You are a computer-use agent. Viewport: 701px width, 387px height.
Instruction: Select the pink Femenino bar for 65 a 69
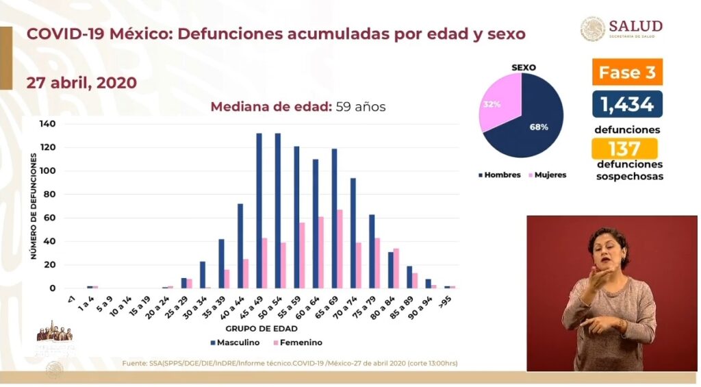tap(339, 249)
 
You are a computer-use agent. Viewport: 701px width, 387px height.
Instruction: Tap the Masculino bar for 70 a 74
tap(353, 233)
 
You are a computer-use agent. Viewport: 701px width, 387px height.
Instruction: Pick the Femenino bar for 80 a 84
tap(396, 269)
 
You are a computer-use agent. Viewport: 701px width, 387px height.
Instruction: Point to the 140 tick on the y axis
tap(48, 124)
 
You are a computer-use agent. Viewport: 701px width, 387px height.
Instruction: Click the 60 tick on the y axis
tap(50, 218)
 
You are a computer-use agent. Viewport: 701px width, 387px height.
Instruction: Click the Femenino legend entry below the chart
tap(296, 342)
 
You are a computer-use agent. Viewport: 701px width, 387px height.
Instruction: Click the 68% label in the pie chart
tap(539, 127)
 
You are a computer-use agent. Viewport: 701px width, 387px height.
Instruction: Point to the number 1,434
tap(627, 104)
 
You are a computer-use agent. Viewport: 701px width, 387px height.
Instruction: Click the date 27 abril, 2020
tap(81, 83)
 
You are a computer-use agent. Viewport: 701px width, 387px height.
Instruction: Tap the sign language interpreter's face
tap(607, 249)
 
